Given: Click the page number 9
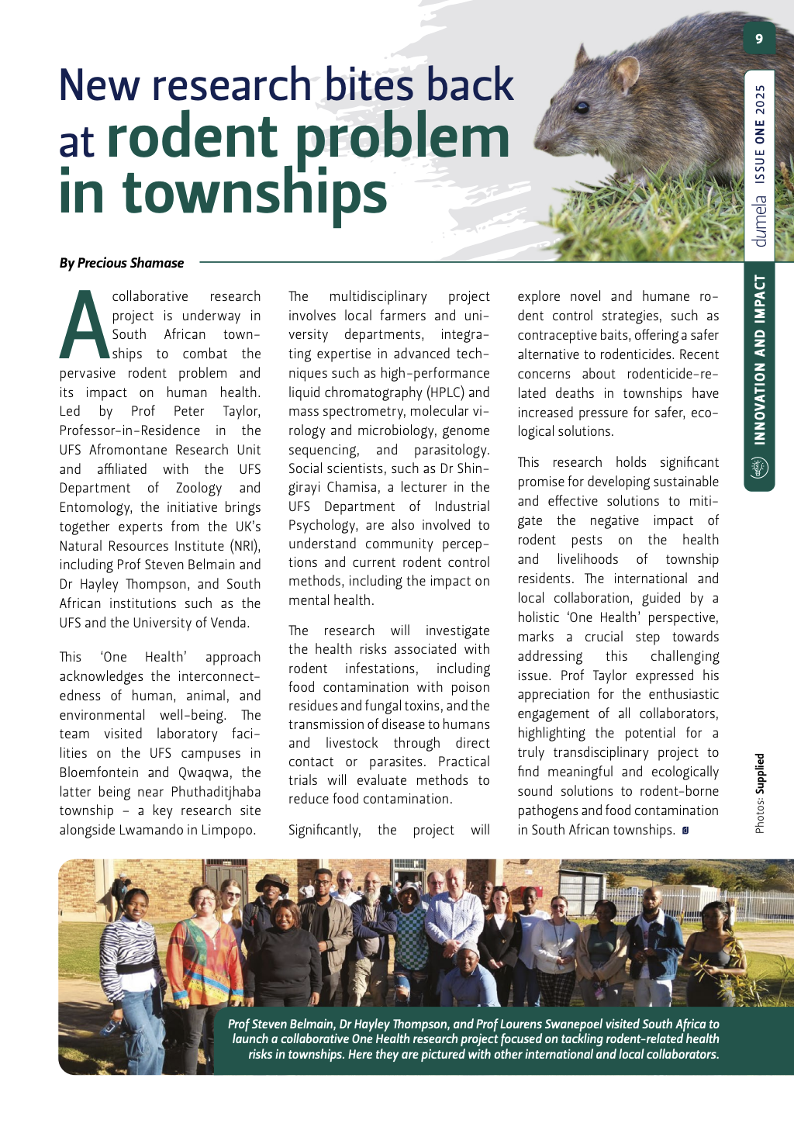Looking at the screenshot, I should (x=759, y=39).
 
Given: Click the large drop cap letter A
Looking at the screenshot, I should (x=85, y=326).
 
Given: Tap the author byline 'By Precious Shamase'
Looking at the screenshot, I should (x=122, y=263).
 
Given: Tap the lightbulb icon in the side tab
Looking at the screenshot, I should (x=760, y=468).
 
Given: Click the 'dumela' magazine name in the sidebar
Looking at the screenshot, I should (x=760, y=221).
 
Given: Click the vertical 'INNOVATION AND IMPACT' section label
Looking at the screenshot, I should (x=760, y=359).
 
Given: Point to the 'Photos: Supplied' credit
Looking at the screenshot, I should (x=760, y=793).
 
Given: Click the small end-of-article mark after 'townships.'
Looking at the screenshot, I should (x=685, y=831).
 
